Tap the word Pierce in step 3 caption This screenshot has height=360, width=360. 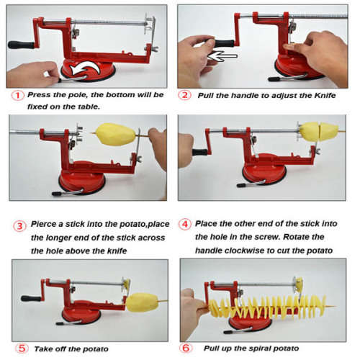coord(45,225)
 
